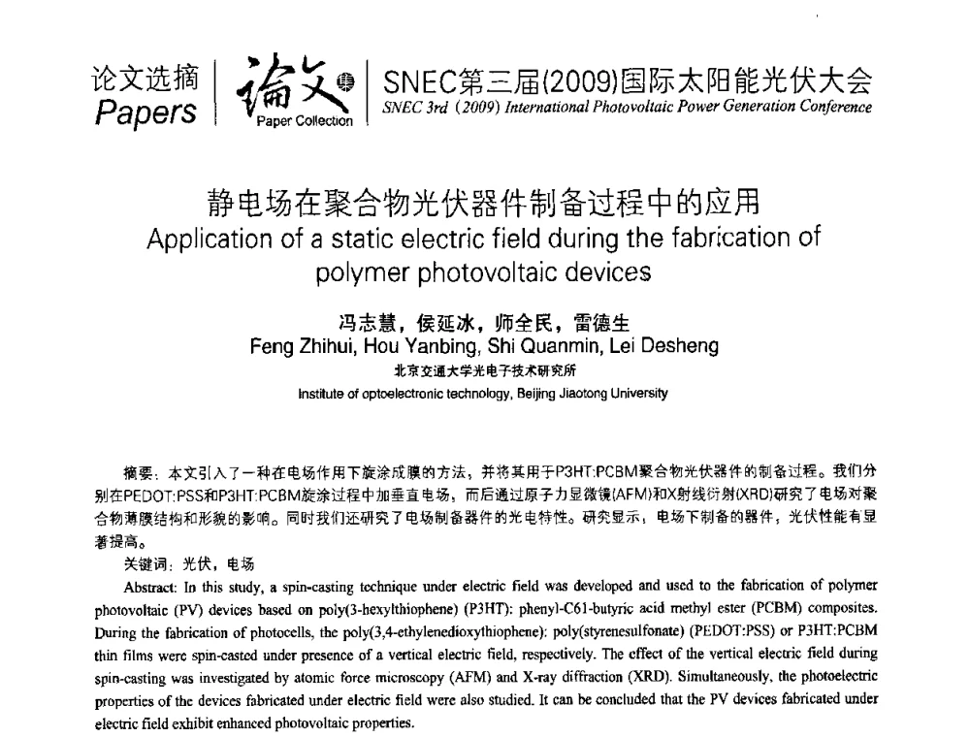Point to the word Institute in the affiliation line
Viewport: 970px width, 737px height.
click(323, 393)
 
